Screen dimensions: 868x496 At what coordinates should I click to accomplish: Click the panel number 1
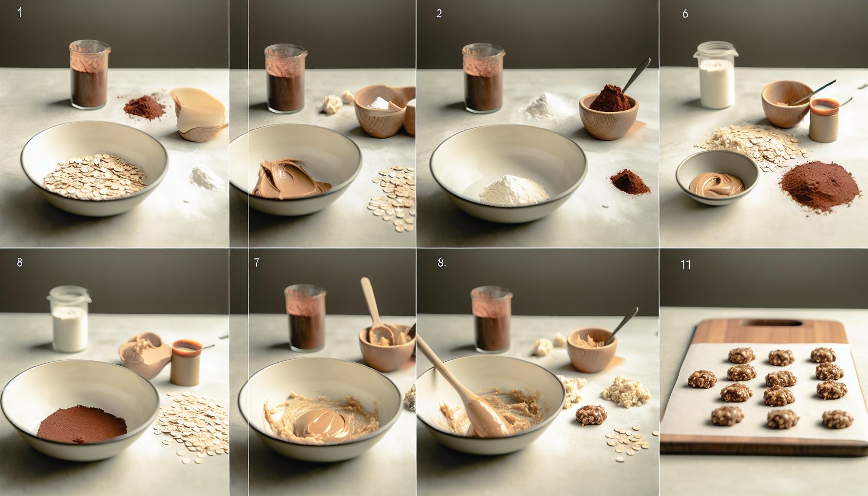19,13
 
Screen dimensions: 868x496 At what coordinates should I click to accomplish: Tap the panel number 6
685,14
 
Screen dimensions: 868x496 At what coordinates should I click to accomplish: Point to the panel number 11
685,264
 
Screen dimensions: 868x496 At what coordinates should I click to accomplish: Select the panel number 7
256,263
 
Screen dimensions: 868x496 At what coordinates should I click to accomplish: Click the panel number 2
439,14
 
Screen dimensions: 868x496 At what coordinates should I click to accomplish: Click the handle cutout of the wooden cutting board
770,324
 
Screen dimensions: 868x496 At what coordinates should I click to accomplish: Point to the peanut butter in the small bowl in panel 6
716,184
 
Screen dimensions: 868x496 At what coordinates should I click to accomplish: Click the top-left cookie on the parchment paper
738,356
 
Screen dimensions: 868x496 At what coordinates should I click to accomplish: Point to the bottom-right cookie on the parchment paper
829,418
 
